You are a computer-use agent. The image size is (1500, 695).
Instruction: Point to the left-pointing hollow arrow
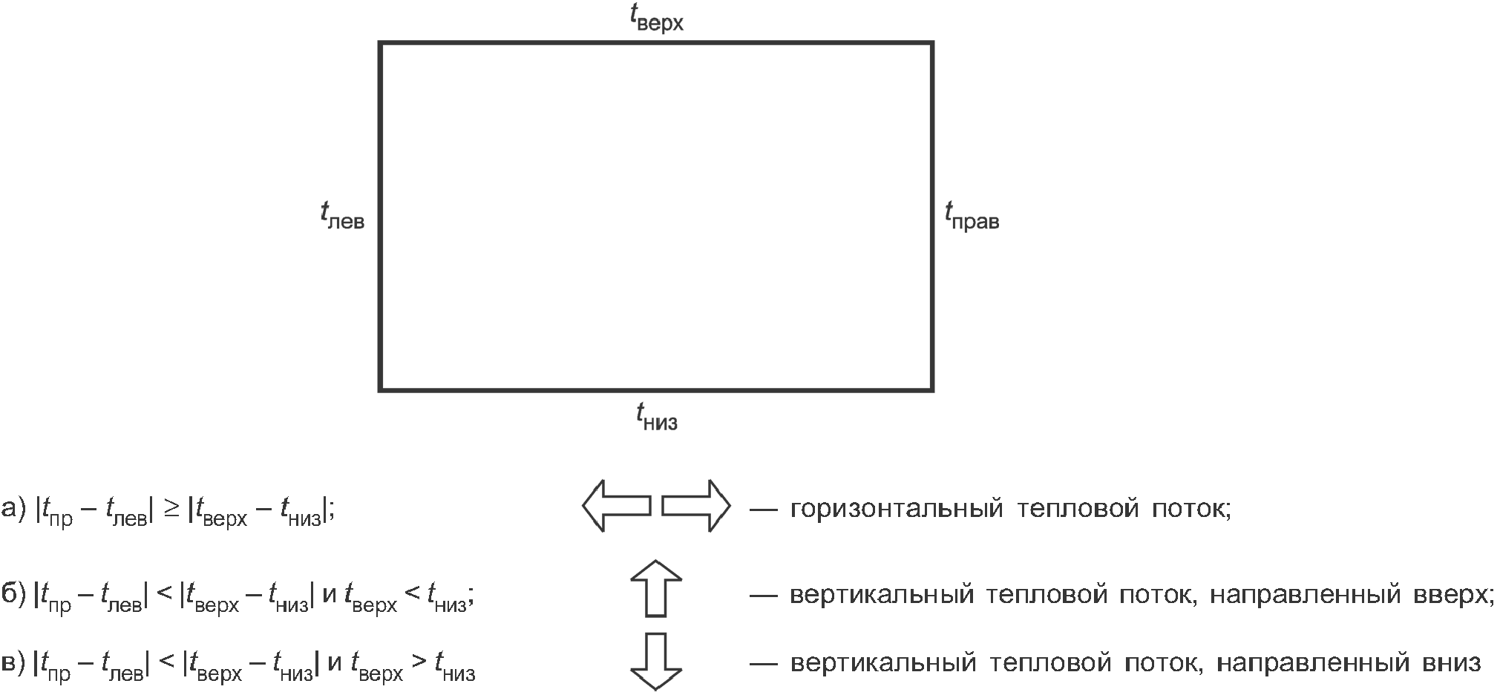pyautogui.click(x=616, y=506)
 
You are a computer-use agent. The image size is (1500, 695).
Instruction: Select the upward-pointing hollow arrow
pyautogui.click(x=656, y=588)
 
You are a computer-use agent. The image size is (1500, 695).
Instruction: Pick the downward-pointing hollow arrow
pyautogui.click(x=656, y=661)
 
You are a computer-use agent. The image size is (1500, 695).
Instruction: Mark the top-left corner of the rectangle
pyautogui.click(x=381, y=43)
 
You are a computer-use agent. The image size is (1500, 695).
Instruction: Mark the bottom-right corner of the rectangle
pyautogui.click(x=931, y=389)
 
